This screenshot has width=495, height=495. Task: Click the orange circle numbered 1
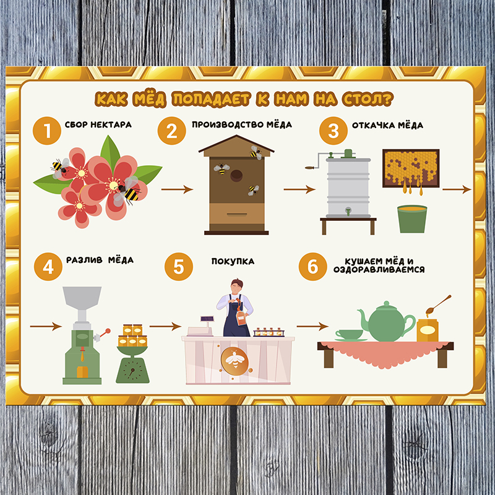47,131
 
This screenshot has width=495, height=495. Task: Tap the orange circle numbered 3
333,131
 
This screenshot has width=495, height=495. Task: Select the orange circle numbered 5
179,267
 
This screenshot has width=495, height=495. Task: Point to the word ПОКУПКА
233,261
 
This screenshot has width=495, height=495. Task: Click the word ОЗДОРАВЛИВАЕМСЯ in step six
379,270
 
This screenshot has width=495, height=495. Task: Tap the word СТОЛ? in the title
368,99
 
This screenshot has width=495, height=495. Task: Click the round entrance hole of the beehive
236,176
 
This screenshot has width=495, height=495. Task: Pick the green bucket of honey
412,219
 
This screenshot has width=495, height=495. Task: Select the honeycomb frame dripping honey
411,168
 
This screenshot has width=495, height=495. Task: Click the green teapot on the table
387,322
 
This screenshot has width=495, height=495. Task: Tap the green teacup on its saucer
350,335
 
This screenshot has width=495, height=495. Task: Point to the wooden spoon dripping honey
438,305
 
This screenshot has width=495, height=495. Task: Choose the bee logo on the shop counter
235,360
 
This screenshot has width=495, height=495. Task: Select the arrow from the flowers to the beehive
177,189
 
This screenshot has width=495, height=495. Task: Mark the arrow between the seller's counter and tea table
312,326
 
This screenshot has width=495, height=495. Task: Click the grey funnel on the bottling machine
82,298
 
